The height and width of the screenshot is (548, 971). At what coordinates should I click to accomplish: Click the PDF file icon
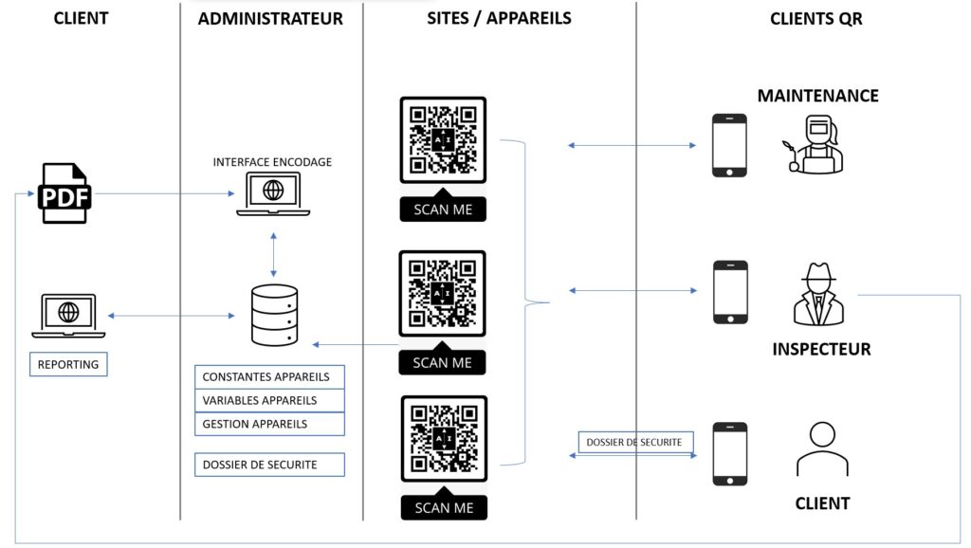pyautogui.click(x=64, y=193)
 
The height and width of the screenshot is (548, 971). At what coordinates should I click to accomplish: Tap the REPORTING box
pyautogui.click(x=68, y=364)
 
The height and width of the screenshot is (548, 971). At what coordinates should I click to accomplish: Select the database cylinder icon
pyautogui.click(x=274, y=315)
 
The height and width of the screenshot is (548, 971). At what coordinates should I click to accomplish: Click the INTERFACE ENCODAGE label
pyautogui.click(x=272, y=162)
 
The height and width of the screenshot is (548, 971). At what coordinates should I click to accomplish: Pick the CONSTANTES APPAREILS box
pyautogui.click(x=269, y=376)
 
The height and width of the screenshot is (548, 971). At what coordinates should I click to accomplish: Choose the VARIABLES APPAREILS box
pyautogui.click(x=269, y=400)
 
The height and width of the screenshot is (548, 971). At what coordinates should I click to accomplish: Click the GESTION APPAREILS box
pyautogui.click(x=269, y=424)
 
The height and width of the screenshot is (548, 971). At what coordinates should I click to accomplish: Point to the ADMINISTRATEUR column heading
pyautogui.click(x=270, y=18)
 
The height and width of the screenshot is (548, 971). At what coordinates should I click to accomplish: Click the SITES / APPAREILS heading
pyautogui.click(x=499, y=18)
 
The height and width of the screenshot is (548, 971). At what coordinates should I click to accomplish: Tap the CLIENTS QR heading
pyautogui.click(x=815, y=18)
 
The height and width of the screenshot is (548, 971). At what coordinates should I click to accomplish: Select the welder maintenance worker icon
pyautogui.click(x=815, y=144)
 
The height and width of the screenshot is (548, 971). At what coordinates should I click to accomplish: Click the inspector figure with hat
pyautogui.click(x=818, y=294)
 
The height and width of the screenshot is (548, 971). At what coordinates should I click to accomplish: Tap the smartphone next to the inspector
pyautogui.click(x=730, y=292)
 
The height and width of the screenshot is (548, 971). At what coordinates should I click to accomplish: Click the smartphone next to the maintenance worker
pyautogui.click(x=730, y=145)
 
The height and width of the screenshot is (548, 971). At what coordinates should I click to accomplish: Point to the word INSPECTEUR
pyautogui.click(x=821, y=349)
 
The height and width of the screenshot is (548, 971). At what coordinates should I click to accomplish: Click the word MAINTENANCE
pyautogui.click(x=817, y=96)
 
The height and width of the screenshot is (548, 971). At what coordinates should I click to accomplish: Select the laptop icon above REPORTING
pyautogui.click(x=68, y=315)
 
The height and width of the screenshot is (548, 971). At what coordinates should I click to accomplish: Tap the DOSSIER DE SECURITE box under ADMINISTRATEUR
pyautogui.click(x=269, y=465)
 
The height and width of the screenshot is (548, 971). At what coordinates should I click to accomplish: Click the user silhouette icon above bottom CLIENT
pyautogui.click(x=822, y=449)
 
